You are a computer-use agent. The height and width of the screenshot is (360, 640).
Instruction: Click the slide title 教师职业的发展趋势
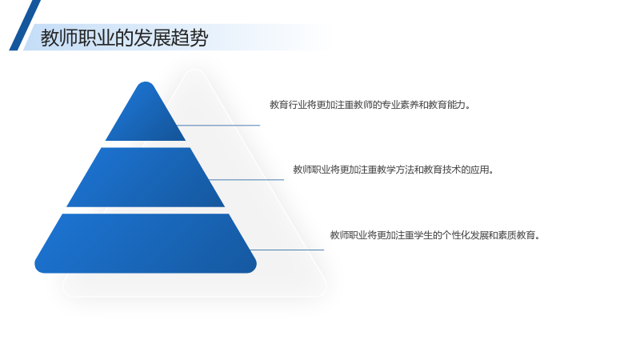coord(124,38)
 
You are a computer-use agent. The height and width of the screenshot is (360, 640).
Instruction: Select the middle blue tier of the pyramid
coord(146,177)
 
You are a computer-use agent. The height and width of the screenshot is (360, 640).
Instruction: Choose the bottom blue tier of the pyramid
coord(146,243)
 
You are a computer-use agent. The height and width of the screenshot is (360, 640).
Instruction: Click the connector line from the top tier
coord(218,126)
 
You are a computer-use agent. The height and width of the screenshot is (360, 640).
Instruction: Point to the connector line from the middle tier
coord(246,179)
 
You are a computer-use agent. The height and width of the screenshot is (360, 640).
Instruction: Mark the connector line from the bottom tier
coord(287,250)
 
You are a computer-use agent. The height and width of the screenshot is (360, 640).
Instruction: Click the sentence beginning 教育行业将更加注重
coord(370,105)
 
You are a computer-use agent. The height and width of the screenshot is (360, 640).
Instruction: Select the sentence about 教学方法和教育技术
coord(394,170)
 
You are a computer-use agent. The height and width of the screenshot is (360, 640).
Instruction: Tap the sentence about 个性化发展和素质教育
coord(435,235)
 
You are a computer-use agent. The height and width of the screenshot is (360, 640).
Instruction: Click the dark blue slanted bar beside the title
coord(25,26)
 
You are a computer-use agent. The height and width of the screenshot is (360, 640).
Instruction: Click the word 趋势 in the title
coord(190,38)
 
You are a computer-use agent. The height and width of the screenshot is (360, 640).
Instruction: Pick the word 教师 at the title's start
coord(59,38)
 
